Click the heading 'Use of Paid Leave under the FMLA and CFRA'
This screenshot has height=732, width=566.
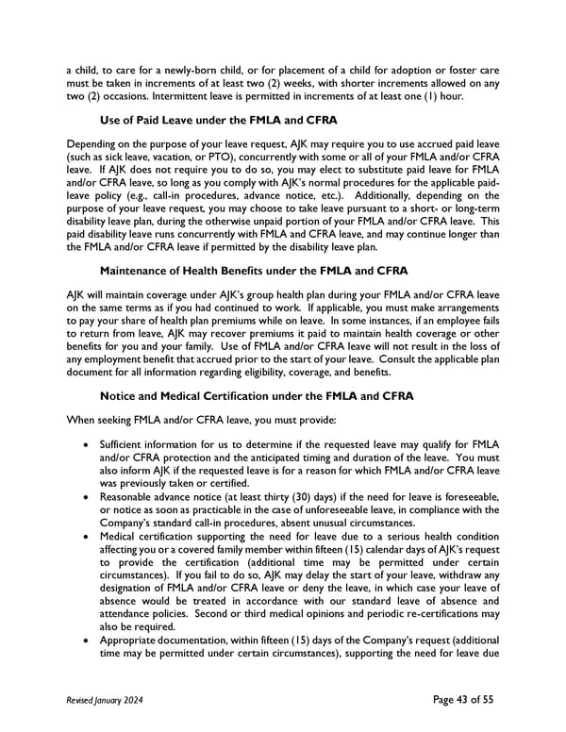[205, 121]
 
